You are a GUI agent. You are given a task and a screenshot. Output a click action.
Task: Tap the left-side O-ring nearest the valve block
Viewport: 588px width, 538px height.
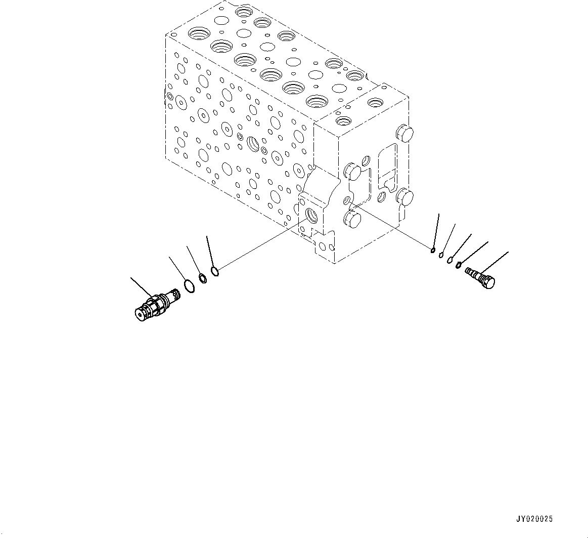click(214, 272)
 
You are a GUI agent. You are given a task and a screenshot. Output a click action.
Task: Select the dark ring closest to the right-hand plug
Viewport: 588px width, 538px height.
click(459, 265)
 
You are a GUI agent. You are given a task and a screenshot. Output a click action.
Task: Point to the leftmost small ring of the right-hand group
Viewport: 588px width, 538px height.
click(433, 250)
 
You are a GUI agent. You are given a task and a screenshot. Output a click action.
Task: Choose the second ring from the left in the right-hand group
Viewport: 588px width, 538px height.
click(441, 255)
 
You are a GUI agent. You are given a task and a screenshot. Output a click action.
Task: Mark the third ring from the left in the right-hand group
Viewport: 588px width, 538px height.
click(449, 260)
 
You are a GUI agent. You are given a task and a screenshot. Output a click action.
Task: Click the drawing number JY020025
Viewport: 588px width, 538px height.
click(534, 519)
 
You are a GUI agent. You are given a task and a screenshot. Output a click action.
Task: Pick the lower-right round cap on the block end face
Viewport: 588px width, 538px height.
click(406, 197)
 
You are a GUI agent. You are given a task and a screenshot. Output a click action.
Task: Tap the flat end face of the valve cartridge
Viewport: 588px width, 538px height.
click(140, 315)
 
